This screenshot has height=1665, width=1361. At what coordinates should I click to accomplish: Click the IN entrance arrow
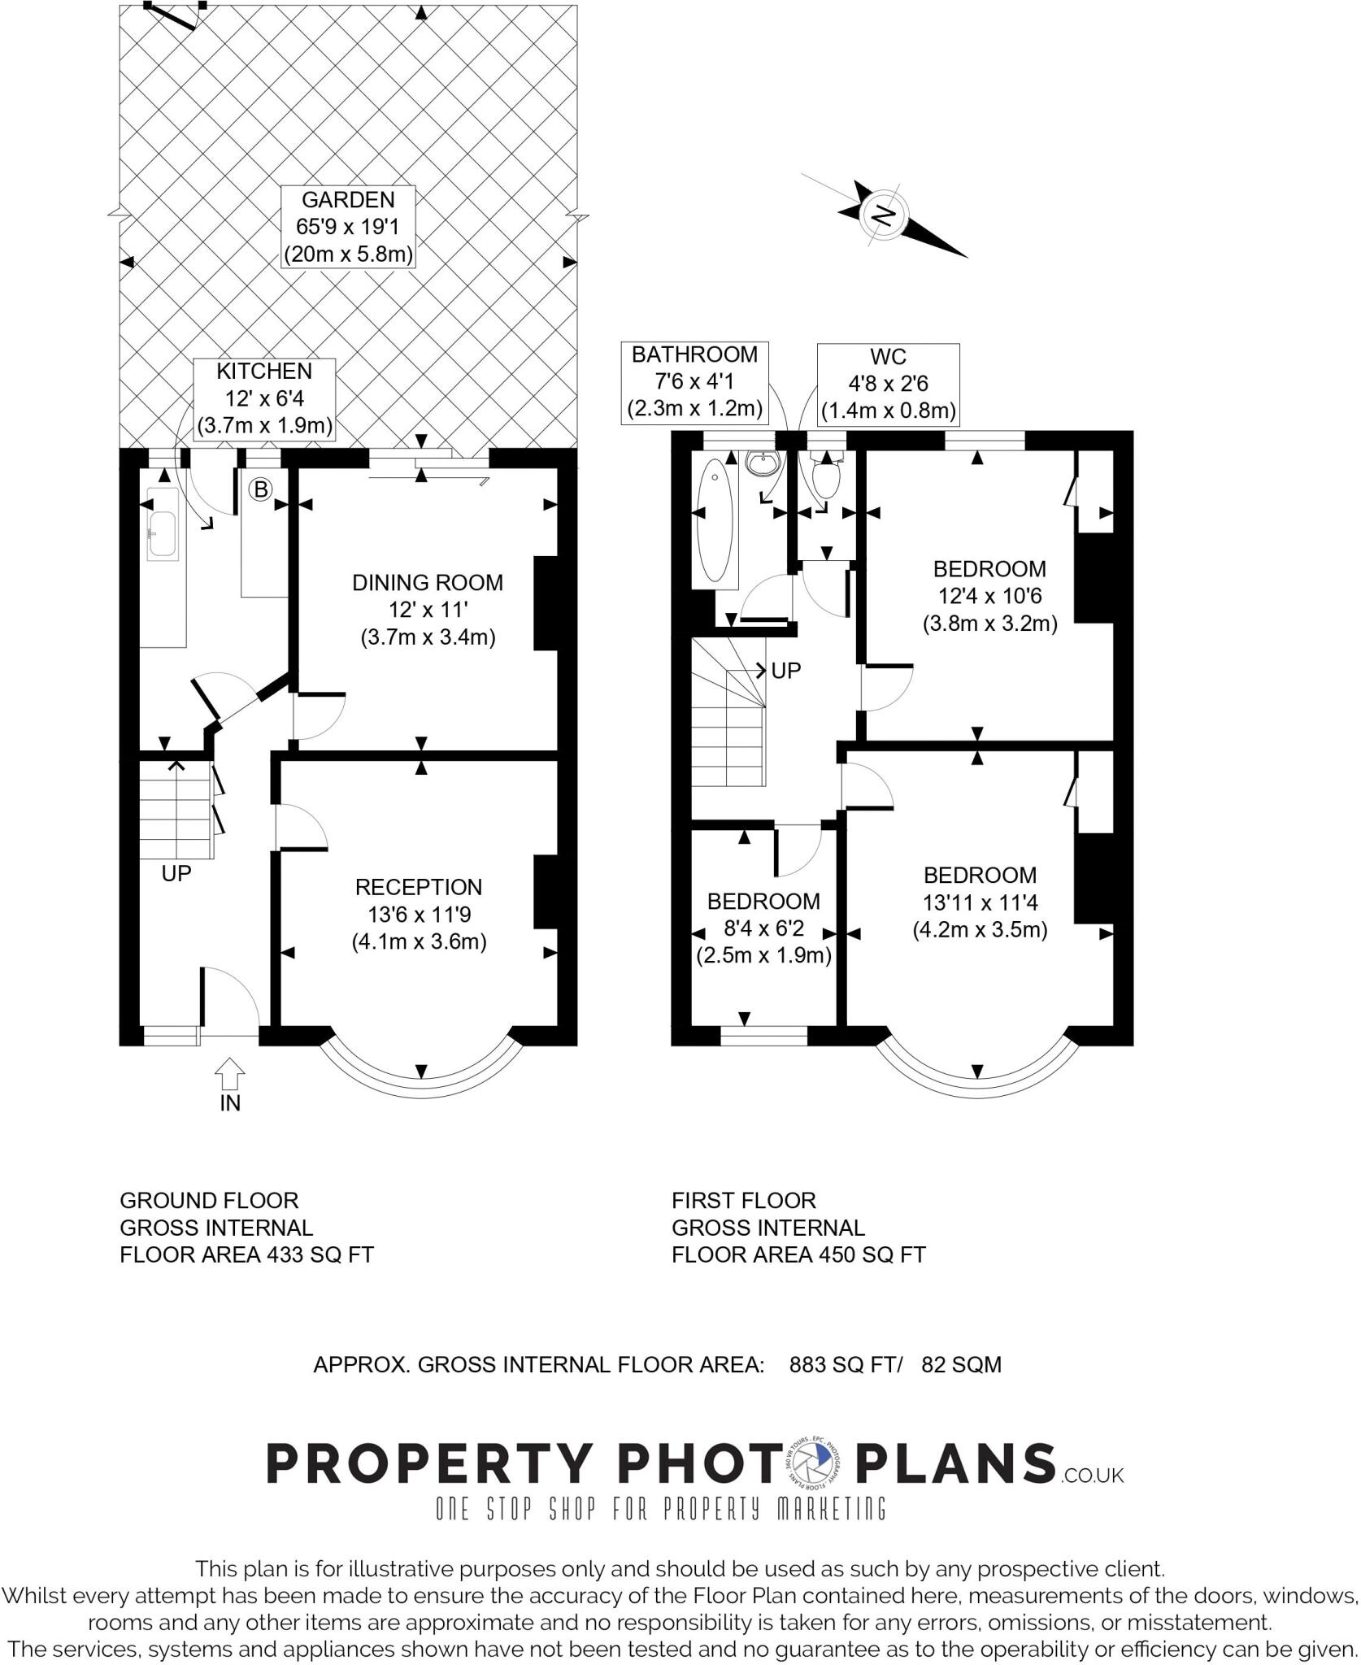[230, 1074]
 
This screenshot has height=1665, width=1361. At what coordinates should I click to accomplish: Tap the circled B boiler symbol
[260, 489]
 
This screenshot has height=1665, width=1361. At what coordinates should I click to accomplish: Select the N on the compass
[882, 215]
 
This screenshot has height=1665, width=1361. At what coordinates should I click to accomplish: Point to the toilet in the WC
[825, 479]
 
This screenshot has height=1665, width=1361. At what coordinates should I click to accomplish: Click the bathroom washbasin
[762, 466]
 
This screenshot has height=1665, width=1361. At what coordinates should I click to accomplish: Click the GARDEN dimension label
[348, 227]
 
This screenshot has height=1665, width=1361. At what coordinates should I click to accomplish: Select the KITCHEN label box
[264, 398]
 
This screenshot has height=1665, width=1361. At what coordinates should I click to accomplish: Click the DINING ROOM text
[428, 582]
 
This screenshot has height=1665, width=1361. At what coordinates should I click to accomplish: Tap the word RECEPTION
[419, 887]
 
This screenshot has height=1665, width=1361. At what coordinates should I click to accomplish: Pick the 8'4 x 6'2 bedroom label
[763, 928]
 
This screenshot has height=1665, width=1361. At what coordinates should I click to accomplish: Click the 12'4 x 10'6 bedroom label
[989, 596]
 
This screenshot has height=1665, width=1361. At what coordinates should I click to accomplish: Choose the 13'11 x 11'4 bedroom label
[980, 902]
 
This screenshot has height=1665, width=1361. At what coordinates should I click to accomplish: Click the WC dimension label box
[888, 384]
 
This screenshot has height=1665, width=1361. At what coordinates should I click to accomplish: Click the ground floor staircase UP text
[176, 873]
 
